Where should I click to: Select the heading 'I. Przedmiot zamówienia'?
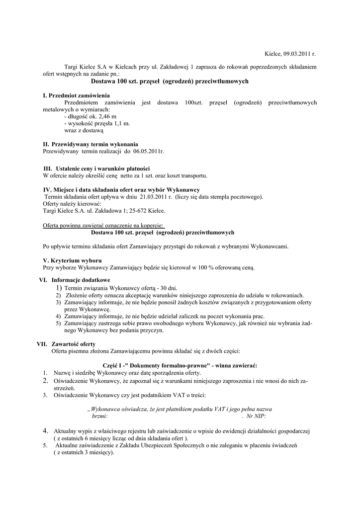77,95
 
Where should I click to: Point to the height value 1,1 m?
118,123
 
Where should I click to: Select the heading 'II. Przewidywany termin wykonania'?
91,144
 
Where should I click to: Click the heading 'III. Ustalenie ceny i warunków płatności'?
97,169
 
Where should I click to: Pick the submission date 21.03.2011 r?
156,197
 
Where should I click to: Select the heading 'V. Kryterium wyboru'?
73,260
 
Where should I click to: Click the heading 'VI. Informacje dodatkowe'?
74,280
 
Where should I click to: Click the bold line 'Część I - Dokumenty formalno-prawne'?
180,366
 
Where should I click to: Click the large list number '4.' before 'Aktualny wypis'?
45,431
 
